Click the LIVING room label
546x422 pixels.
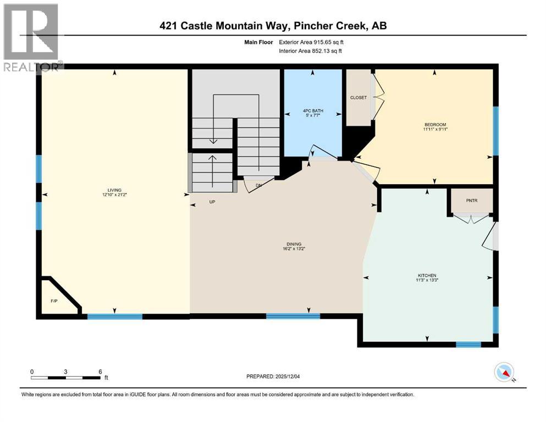point(114,190)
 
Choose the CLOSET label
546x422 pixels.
point(358,98)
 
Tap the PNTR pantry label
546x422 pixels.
point(472,201)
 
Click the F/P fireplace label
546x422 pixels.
point(54,302)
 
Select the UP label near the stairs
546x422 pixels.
point(212,202)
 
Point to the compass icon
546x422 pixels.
point(504,373)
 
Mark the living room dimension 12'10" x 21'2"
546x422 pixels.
point(114,195)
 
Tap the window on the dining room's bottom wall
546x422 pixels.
point(293,316)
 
